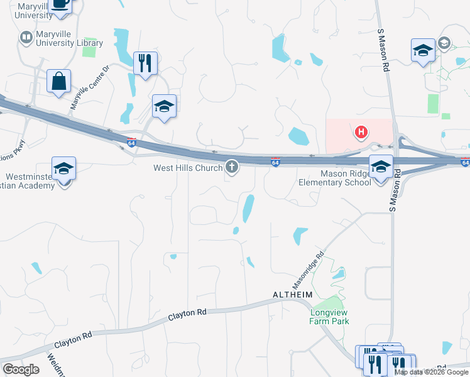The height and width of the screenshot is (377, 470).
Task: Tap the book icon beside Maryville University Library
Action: click(26, 38)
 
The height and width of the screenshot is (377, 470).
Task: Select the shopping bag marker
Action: click(58, 82)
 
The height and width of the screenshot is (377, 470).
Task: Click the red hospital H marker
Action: click(361, 132)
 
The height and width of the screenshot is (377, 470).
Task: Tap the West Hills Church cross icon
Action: click(232, 167)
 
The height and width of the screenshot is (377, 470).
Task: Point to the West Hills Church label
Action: click(188, 168)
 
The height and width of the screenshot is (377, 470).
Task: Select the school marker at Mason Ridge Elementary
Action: click(380, 168)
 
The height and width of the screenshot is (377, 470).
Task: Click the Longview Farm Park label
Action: click(329, 316)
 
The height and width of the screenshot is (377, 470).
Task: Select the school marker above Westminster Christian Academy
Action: click(63, 170)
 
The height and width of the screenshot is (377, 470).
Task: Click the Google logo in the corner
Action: click(21, 369)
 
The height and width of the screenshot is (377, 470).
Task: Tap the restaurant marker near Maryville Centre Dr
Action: click(145, 63)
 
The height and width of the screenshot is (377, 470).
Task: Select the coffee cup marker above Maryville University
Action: click(60, 4)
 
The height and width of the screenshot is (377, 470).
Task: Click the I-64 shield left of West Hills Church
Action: click(131, 142)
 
